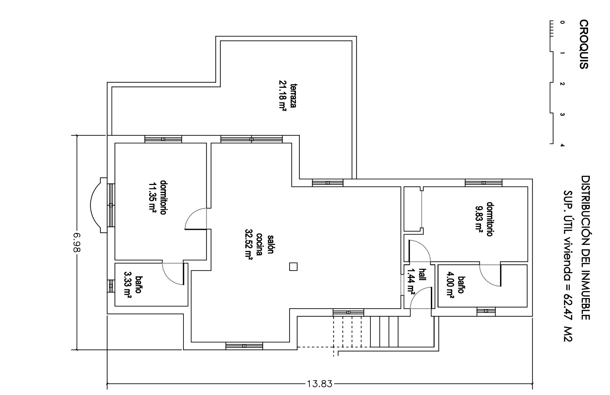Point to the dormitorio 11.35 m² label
[x=158, y=197]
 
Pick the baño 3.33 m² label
[x=133, y=285]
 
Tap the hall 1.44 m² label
[x=416, y=280]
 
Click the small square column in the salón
[x=293, y=267]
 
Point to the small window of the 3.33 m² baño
[x=111, y=286]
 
